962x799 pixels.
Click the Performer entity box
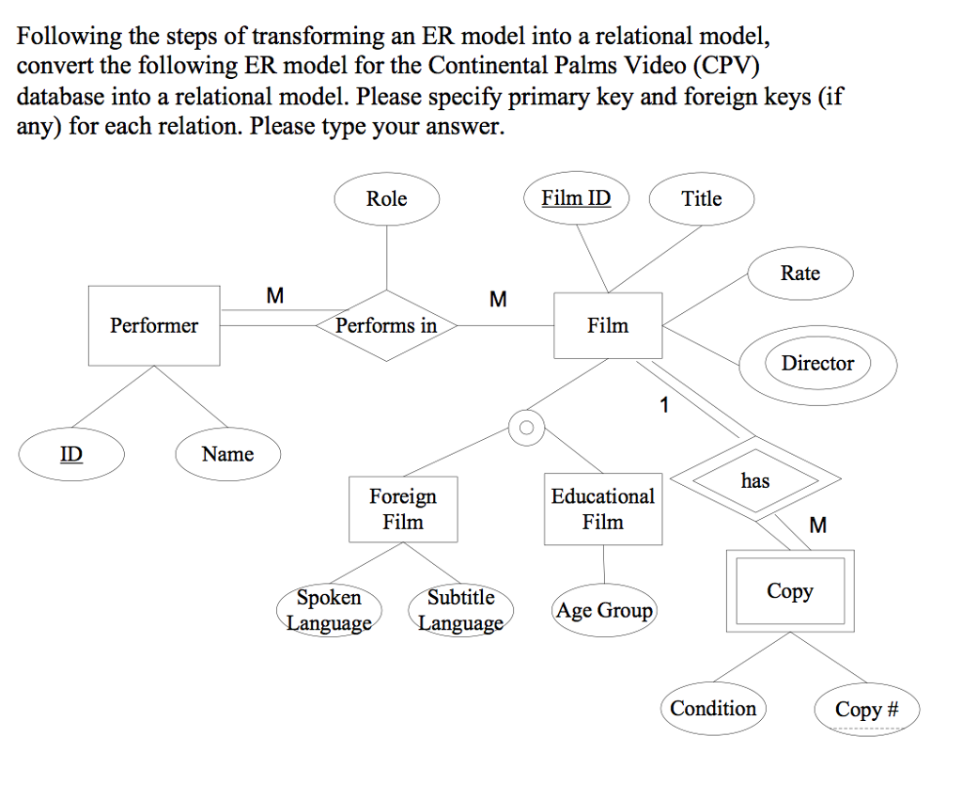click(154, 325)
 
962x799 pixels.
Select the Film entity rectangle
click(608, 325)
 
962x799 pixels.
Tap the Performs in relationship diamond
click(386, 325)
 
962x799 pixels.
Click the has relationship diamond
click(755, 480)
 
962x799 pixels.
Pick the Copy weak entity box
click(789, 591)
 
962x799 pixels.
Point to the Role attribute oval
click(386, 198)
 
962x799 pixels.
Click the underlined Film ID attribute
click(576, 198)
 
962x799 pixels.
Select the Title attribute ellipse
click(702, 198)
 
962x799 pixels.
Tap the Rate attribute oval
click(800, 274)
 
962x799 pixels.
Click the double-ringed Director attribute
click(817, 364)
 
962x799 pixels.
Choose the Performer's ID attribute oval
click(71, 454)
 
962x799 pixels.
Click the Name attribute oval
click(227, 454)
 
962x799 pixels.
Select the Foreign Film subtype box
click(403, 509)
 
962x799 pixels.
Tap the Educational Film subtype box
click(602, 509)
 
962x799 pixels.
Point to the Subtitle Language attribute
click(460, 610)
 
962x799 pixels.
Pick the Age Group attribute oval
click(604, 611)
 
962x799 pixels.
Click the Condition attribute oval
click(713, 708)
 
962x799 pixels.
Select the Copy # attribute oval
click(866, 709)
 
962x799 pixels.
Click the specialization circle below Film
click(526, 428)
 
